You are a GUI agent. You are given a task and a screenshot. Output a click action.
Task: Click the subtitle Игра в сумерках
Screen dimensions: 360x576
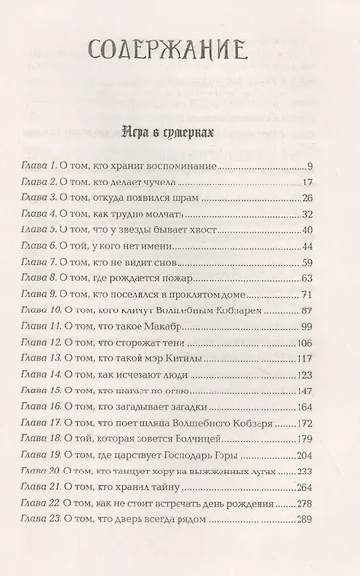click(180, 130)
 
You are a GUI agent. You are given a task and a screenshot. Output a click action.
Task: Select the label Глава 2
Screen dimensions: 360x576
click(42, 185)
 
